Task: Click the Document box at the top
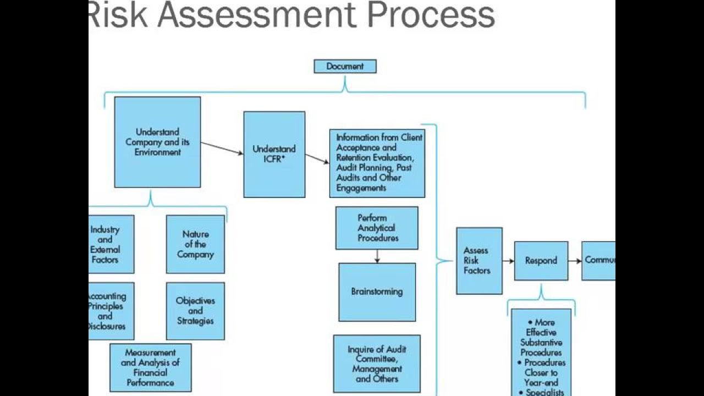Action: pos(345,67)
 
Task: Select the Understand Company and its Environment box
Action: pos(157,142)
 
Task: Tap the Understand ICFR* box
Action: pos(274,155)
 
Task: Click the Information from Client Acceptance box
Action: pos(377,163)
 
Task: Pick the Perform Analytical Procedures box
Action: pos(377,228)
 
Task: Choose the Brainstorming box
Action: pos(377,291)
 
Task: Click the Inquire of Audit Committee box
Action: pos(377,364)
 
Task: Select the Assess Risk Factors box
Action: pos(479,261)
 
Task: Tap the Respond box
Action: pos(541,261)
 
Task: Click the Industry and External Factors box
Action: pos(111,244)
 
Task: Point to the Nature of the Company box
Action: pos(195,244)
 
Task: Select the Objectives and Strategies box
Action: pos(195,311)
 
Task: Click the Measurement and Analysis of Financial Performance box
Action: pos(150,367)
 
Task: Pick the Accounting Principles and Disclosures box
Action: pos(111,311)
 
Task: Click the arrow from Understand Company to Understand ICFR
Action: pos(222,148)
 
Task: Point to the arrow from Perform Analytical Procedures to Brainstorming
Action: pos(377,256)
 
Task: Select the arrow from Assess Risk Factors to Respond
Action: pos(508,261)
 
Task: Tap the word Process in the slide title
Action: pos(431,15)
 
